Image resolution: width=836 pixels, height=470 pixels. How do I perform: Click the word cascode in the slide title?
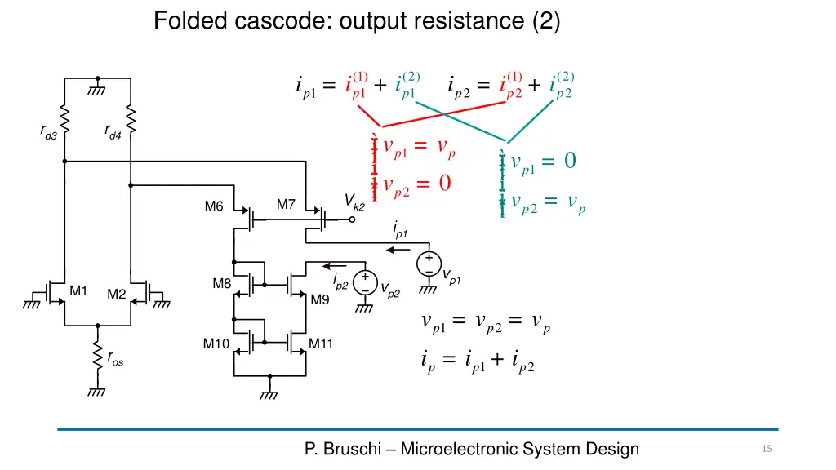(x=273, y=20)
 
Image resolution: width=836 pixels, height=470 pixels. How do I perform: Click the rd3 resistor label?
(x=48, y=133)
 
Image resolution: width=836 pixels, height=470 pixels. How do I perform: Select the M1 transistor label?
(x=78, y=290)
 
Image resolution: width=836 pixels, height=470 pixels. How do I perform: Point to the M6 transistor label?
(x=214, y=206)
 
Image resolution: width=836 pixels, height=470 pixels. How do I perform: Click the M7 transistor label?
(x=286, y=205)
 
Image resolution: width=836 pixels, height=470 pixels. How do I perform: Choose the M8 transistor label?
(x=222, y=284)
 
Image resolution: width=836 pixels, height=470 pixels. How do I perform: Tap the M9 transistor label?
(x=320, y=299)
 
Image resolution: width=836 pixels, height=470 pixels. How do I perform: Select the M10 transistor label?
(x=216, y=344)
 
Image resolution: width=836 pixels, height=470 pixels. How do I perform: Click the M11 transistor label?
(x=321, y=344)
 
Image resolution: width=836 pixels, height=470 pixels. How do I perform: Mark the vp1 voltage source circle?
(x=428, y=264)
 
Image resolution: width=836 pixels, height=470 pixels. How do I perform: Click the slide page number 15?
(x=766, y=449)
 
